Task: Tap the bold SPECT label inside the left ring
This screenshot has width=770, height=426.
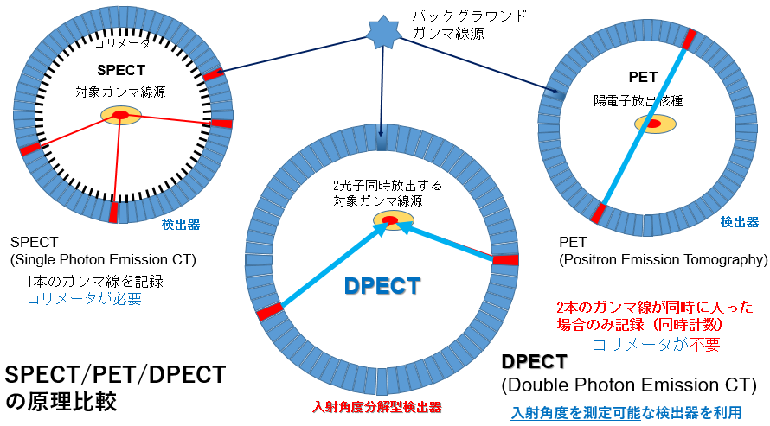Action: point(121,71)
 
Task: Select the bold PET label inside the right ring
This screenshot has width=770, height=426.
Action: point(643,78)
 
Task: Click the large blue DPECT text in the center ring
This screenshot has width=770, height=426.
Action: point(382,286)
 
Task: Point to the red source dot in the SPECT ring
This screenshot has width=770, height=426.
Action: point(120,115)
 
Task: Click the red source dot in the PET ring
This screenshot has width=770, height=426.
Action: point(653,124)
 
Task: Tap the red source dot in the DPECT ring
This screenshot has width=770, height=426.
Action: point(389,220)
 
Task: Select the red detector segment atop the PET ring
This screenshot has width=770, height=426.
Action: point(689,39)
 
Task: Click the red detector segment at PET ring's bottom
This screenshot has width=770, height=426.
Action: point(598,213)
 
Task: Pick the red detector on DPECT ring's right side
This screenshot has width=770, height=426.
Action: point(505,260)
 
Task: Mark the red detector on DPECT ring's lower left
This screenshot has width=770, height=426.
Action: point(270,312)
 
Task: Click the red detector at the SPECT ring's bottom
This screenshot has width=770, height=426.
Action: point(113,213)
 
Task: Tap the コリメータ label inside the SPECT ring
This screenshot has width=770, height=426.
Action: point(122,43)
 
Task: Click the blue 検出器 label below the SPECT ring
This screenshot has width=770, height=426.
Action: point(181,225)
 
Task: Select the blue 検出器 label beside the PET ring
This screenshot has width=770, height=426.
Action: point(740,222)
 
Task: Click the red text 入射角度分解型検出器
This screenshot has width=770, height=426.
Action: point(376,407)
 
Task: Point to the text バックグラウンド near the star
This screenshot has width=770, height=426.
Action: point(470,16)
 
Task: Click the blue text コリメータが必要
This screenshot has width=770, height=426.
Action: point(85,298)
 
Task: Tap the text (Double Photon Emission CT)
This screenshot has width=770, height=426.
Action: point(629,385)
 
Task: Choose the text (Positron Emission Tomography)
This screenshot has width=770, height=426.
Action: point(664,259)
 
